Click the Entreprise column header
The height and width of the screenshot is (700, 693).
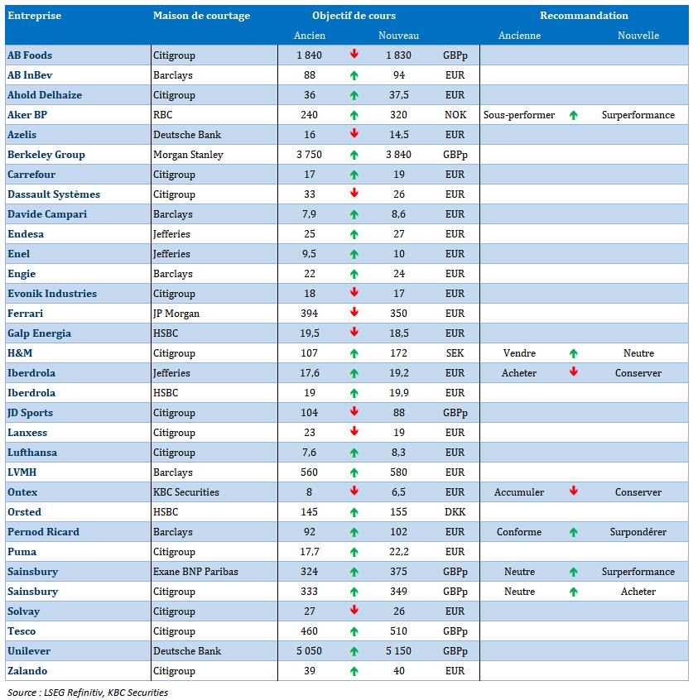pyautogui.click(x=34, y=16)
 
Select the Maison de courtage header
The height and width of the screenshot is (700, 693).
pyautogui.click(x=201, y=16)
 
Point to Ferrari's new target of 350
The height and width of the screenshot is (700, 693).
pyautogui.click(x=398, y=314)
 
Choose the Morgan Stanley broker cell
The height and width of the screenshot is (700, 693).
pyautogui.click(x=189, y=155)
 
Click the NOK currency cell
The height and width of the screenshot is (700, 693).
pyautogui.click(x=455, y=115)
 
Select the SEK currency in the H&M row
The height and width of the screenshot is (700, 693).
pyautogui.click(x=455, y=353)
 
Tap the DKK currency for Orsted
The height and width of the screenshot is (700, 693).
pyautogui.click(x=455, y=512)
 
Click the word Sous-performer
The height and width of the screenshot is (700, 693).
pyautogui.click(x=519, y=115)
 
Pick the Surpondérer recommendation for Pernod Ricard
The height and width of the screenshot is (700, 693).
pyautogui.click(x=638, y=532)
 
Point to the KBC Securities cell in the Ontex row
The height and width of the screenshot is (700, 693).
pyautogui.click(x=185, y=492)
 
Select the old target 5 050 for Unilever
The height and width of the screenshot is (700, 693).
pyautogui.click(x=310, y=651)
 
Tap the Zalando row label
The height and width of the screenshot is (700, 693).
pyautogui.click(x=27, y=671)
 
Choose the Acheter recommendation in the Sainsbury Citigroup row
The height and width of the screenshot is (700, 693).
pyautogui.click(x=638, y=592)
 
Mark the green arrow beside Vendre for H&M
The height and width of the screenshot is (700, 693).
pyautogui.click(x=573, y=353)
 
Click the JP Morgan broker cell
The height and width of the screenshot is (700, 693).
pyautogui.click(x=176, y=314)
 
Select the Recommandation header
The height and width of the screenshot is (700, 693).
pyautogui.click(x=584, y=16)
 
